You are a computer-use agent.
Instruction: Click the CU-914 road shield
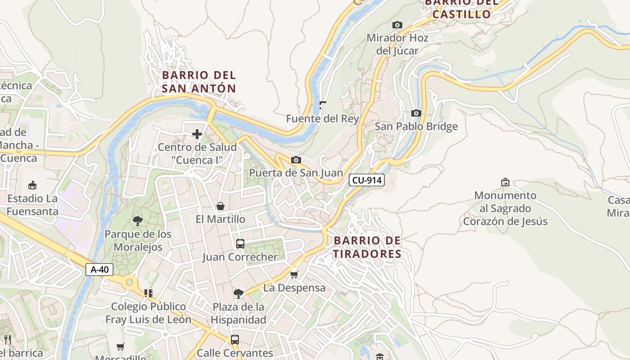pyautogui.click(x=367, y=180)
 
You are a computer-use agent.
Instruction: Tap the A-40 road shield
pyautogui.click(x=99, y=270)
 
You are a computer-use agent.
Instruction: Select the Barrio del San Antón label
pyautogui.click(x=199, y=81)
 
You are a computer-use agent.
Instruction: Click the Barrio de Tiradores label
pyautogui.click(x=367, y=247)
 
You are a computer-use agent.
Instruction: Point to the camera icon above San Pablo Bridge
pyautogui.click(x=416, y=113)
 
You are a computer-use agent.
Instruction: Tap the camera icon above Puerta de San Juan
pyautogui.click(x=296, y=160)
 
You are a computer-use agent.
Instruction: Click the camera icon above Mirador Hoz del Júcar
pyautogui.click(x=397, y=25)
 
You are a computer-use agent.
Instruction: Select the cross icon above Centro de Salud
pyautogui.click(x=197, y=134)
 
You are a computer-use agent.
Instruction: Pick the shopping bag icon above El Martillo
pyautogui.click(x=220, y=206)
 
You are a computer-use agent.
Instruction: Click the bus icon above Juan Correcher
pyautogui.click(x=240, y=244)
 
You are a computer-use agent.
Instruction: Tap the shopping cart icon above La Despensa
pyautogui.click(x=294, y=274)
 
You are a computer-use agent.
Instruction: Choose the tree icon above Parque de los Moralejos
pyautogui.click(x=138, y=220)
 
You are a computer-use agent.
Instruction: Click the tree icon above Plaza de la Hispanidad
pyautogui.click(x=238, y=294)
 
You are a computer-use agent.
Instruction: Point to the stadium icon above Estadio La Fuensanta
pyautogui.click(x=32, y=185)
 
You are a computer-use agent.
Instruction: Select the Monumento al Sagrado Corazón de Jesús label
pyautogui.click(x=505, y=208)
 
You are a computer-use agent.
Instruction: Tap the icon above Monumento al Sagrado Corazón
pyautogui.click(x=505, y=182)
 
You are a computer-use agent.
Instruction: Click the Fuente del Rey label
pyautogui.click(x=323, y=119)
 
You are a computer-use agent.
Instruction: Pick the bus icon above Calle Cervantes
pyautogui.click(x=235, y=340)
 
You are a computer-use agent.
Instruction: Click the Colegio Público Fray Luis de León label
pyautogui.click(x=148, y=313)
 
